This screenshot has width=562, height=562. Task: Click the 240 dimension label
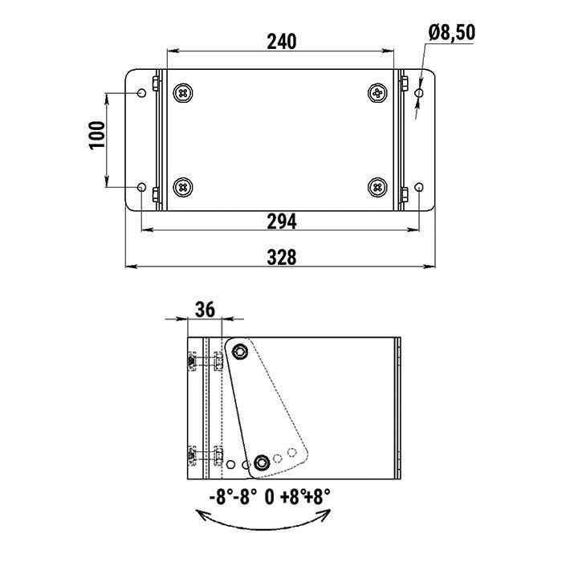pos(282,42)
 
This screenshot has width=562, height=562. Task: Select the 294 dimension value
pos(282,222)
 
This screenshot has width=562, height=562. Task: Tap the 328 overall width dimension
pos(282,258)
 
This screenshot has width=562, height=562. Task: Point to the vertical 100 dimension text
pos(97,135)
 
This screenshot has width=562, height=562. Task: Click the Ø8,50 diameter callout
pos(452,32)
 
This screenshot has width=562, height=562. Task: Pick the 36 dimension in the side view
pos(205,309)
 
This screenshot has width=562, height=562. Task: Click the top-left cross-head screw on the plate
pos(183,93)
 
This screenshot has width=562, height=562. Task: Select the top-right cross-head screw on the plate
pos(377,93)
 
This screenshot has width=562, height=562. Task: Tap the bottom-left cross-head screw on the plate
pos(183,187)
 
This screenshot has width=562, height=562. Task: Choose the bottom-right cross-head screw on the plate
pos(377,187)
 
